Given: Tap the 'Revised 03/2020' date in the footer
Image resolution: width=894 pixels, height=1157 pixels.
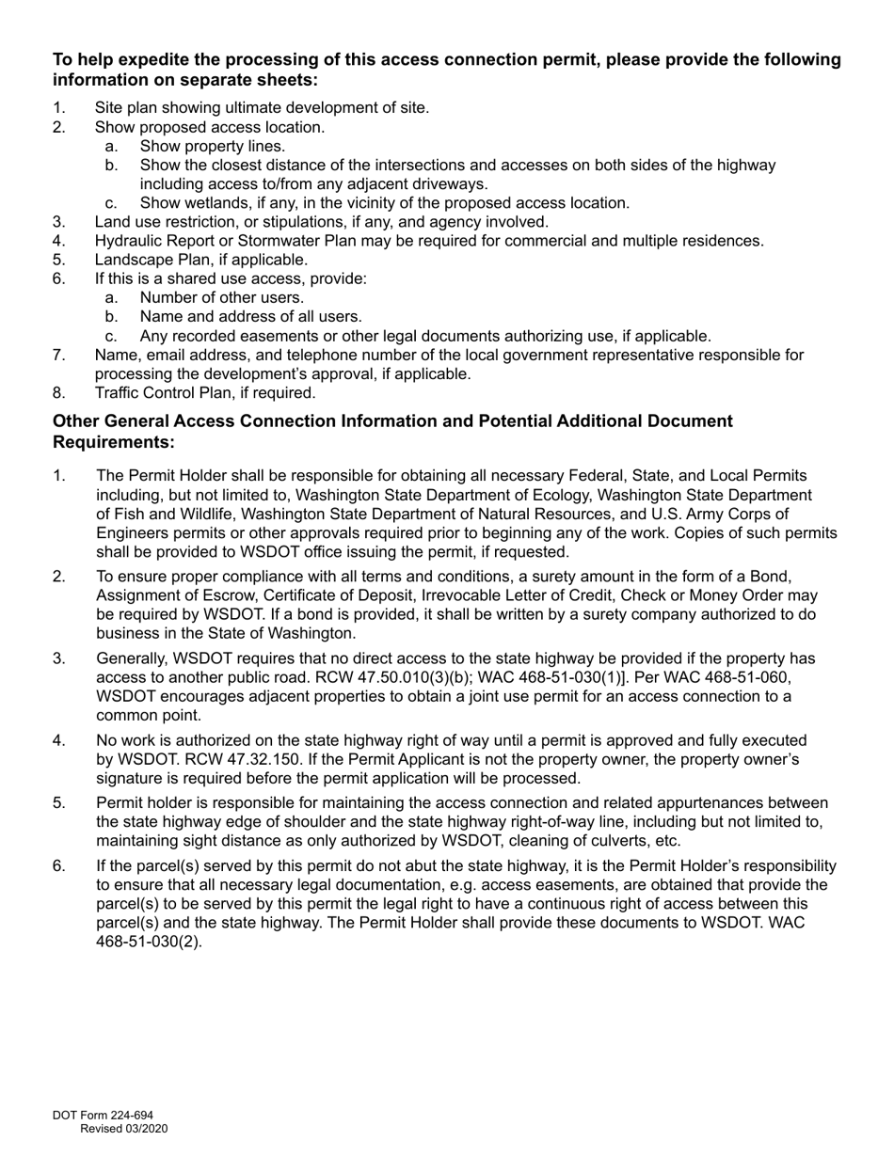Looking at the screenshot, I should [x=123, y=1129].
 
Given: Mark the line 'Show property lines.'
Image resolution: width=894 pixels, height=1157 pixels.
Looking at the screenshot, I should [x=212, y=146].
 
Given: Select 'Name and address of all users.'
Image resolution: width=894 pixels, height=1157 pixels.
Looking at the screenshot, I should [x=250, y=317].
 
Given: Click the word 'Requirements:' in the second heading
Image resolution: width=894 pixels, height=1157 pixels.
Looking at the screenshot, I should [x=114, y=442].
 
